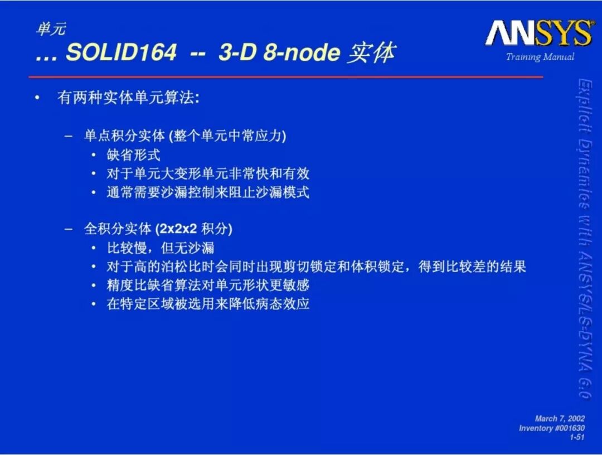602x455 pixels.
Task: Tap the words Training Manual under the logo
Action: [x=540, y=57]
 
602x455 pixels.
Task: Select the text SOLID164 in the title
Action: [x=122, y=52]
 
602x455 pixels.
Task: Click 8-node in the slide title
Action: [x=302, y=52]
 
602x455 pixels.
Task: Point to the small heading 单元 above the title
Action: [x=51, y=29]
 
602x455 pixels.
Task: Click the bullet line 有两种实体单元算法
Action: [x=128, y=98]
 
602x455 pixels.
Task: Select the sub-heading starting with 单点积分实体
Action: [x=185, y=135]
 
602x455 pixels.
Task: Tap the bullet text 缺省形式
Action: [x=133, y=155]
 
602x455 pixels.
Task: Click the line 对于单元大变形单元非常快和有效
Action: [x=208, y=173]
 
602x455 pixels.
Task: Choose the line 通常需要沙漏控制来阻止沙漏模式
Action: [x=208, y=192]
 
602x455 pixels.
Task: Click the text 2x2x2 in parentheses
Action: [x=178, y=229]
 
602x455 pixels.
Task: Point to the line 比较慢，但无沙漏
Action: [x=161, y=248]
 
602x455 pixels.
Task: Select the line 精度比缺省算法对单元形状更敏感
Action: [x=208, y=285]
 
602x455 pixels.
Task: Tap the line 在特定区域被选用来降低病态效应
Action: [x=208, y=304]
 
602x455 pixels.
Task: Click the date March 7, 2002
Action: [x=560, y=419]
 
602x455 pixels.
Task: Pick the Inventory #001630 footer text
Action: [x=552, y=428]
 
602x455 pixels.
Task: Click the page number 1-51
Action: [x=577, y=437]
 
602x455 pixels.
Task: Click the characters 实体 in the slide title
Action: [x=371, y=52]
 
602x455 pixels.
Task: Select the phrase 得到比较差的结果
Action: [x=472, y=267]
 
